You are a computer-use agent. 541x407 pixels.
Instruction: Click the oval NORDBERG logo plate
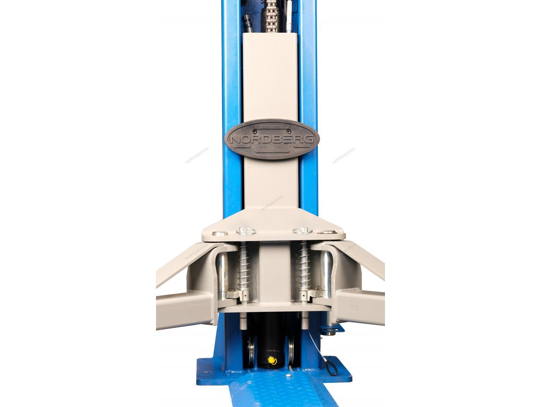coord(272,139)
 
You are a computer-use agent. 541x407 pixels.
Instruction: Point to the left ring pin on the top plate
coord(246,231)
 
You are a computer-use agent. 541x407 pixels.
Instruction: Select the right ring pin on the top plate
coord(302,231)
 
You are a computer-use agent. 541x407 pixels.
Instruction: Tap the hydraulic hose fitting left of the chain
coord(248,23)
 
